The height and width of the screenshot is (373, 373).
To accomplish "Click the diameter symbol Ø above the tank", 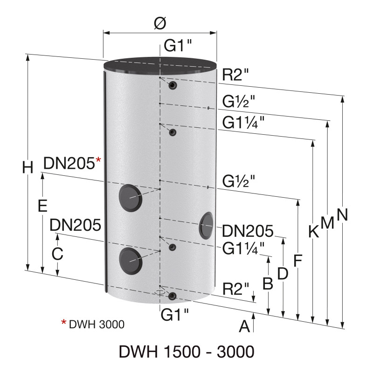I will click(x=159, y=23).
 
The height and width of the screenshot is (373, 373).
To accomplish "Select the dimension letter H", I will click(x=28, y=167).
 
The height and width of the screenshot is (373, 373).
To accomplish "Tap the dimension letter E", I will click(x=42, y=206).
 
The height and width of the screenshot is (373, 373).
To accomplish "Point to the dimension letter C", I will click(x=57, y=254).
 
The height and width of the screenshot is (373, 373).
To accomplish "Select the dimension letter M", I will click(x=328, y=223).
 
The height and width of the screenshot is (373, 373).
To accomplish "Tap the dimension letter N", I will click(x=343, y=214).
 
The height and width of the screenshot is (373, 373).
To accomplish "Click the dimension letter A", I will click(x=244, y=326).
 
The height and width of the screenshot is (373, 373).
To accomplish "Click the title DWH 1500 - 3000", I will click(x=186, y=352).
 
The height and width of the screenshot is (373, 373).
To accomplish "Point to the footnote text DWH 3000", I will click(x=97, y=324).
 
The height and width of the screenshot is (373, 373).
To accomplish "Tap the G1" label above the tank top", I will click(x=175, y=47).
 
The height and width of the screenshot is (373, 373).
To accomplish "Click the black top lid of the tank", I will click(x=160, y=66).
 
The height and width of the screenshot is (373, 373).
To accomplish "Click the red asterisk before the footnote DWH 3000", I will click(x=64, y=322).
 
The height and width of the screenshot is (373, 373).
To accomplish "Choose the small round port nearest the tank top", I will click(x=173, y=85).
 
